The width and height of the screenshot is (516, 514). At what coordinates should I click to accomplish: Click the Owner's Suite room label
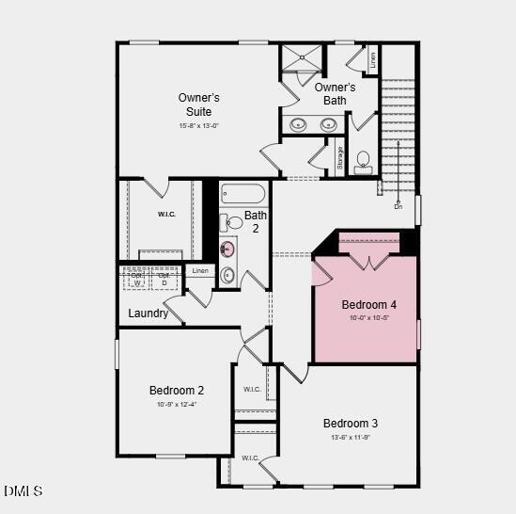point(198,104)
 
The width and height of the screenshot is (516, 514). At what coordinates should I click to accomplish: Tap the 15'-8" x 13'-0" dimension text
point(198,125)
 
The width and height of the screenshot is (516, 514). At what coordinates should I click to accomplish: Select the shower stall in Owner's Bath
point(301,58)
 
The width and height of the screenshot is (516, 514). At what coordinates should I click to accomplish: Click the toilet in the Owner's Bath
point(364,161)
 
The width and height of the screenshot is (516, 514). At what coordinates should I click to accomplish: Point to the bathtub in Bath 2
point(242,194)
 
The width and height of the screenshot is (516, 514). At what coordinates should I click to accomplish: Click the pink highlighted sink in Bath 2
point(227,249)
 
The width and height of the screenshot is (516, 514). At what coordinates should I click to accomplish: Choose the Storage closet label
point(340,159)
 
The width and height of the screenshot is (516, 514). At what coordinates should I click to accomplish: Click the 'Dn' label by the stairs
point(398,205)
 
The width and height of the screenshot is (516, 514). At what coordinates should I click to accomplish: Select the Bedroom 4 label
point(368,305)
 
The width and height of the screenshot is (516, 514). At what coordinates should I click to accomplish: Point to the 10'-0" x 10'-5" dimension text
point(368,318)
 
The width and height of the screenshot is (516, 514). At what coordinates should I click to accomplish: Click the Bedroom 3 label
point(351,423)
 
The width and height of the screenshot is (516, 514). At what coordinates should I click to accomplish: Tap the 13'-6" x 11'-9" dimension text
point(351,437)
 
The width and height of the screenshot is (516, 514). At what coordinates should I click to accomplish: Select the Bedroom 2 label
point(177,390)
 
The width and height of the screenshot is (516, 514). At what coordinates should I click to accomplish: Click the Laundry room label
point(149,313)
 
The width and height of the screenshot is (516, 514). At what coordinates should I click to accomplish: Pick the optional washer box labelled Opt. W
point(137,279)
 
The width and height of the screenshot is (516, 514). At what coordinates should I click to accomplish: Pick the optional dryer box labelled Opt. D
point(164,279)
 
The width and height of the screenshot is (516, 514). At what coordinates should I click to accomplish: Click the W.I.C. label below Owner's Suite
point(165,214)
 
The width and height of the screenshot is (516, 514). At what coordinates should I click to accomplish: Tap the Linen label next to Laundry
point(199,271)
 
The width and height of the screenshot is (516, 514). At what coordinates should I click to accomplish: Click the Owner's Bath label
point(335,94)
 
